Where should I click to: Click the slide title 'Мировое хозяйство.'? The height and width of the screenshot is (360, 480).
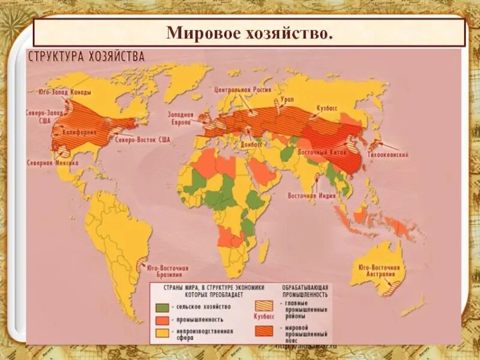pyautogui.click(x=248, y=32)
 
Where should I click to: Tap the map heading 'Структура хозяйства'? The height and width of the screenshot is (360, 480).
pyautogui.click(x=85, y=57)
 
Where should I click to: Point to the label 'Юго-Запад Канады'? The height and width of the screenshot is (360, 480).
pyautogui.click(x=59, y=92)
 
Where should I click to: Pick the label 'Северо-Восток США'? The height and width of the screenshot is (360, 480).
pyautogui.click(x=142, y=140)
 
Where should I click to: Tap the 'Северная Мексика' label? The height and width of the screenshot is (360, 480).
pyautogui.click(x=49, y=162)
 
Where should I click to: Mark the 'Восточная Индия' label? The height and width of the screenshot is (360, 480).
pyautogui.click(x=310, y=196)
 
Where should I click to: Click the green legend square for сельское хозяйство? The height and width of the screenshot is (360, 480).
pyautogui.click(x=161, y=307)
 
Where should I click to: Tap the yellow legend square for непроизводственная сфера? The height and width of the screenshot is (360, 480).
pyautogui.click(x=161, y=332)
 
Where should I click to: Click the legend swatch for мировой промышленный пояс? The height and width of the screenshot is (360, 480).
pyautogui.click(x=264, y=331)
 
